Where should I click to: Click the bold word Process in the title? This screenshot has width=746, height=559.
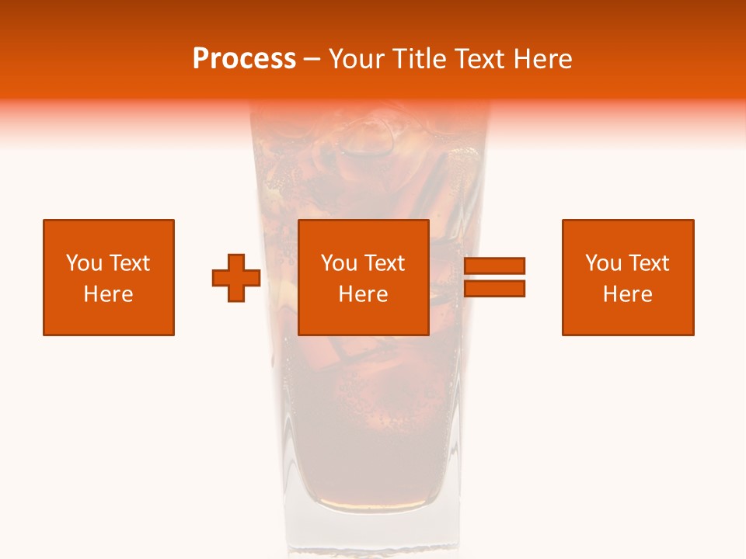[244, 59]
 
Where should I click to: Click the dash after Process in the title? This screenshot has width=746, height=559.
[312, 60]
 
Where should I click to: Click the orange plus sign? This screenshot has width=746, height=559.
[236, 278]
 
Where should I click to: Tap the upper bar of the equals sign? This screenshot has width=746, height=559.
[494, 266]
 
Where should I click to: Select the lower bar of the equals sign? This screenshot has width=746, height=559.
[494, 288]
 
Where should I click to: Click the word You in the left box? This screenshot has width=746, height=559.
[83, 263]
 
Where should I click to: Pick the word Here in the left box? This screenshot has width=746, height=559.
[108, 294]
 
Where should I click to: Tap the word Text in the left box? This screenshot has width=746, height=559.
[129, 263]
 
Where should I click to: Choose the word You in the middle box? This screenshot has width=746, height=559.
[339, 263]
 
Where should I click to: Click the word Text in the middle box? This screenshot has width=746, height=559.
[385, 263]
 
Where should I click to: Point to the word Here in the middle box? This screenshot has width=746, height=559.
[363, 294]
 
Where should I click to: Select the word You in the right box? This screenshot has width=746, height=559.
[603, 263]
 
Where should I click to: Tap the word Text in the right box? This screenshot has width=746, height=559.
[649, 263]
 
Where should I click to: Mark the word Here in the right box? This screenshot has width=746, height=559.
[627, 294]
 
